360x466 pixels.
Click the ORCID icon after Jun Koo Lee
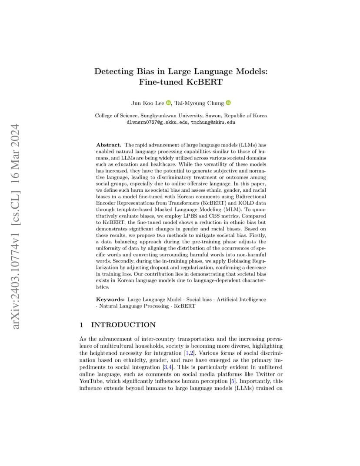coord(168,103)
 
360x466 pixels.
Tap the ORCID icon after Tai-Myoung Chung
coord(228,103)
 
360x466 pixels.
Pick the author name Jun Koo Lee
coord(147,103)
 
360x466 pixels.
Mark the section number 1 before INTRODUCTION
coord(82,325)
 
